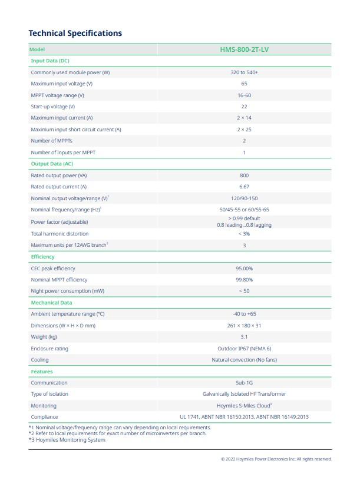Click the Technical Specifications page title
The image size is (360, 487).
[75, 33]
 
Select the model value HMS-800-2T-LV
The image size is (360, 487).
[244, 49]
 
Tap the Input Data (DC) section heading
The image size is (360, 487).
[50, 61]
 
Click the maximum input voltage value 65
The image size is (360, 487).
[244, 84]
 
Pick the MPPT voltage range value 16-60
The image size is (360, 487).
[244, 95]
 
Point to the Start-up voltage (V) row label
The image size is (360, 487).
[53, 107]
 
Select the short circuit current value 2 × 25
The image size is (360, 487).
[244, 130]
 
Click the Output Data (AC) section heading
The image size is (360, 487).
[52, 164]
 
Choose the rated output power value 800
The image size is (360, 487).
[244, 175]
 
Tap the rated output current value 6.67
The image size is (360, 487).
[244, 187]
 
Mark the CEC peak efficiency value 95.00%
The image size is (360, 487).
[244, 269]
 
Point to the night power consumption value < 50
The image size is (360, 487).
[244, 291]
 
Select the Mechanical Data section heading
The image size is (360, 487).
[51, 303]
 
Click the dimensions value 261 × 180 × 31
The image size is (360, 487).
[244, 326]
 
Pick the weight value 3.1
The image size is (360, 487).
[244, 337]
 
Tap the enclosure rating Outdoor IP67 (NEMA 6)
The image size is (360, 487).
[244, 349]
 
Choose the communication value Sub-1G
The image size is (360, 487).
[244, 383]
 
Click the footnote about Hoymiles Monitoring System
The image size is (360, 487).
[67, 440]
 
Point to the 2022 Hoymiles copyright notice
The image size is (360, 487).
[276, 459]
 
